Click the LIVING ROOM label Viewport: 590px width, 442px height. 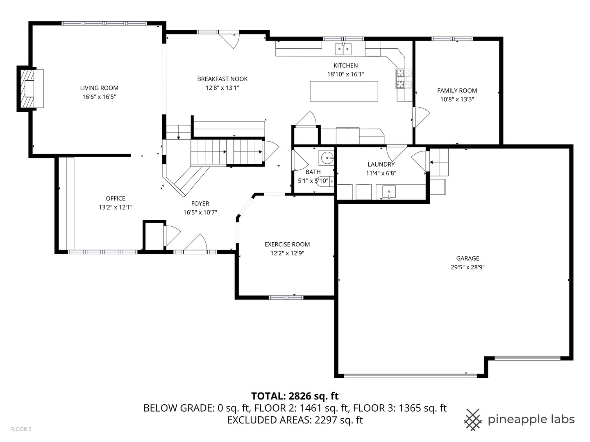tap(99, 88)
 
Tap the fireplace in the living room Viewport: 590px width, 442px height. tap(30, 88)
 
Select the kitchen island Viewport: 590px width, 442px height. tap(344, 91)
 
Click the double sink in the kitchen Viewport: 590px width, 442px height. tap(343, 49)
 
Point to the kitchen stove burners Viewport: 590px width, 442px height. tap(404, 79)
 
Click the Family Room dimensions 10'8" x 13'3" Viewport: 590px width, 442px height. tap(457, 99)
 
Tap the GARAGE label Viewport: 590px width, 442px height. tap(467, 258)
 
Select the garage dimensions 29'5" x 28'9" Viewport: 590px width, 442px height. tap(467, 267)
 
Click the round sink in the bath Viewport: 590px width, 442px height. tap(326, 158)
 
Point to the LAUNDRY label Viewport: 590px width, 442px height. tap(381, 164)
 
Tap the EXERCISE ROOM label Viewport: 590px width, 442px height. tap(287, 244)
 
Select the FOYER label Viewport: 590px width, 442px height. tap(200, 203)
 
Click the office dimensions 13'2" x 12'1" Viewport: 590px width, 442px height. tap(116, 207)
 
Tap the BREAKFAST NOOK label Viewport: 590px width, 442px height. tap(222, 79)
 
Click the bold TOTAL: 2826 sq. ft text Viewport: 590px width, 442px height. tap(295, 396)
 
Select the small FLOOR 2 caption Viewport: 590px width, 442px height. tap(21, 429)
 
